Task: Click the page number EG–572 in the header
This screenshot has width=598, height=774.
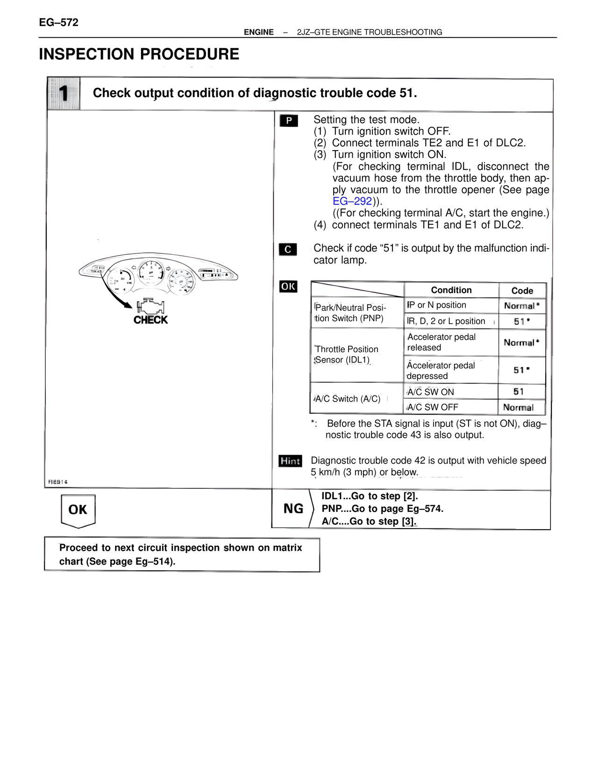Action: pos(59,22)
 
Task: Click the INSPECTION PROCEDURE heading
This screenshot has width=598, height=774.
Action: pos(139,54)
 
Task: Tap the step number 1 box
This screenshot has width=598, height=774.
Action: pos(64,93)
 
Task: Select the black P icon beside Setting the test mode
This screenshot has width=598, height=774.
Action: pos(289,121)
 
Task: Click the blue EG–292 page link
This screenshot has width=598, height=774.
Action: pos(352,201)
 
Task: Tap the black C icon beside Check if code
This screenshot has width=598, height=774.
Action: pos(288,250)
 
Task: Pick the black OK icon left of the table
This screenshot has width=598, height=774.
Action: pos(288,287)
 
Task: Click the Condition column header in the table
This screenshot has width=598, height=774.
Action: pos(451,290)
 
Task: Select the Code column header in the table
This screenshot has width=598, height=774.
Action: pos(522,291)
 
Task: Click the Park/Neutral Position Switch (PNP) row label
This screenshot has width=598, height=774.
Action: pos(350,313)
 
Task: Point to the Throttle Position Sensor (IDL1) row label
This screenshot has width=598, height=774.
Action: pos(346,355)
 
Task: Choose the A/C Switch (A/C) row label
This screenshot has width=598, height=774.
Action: pos(348,399)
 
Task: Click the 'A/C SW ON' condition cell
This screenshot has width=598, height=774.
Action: pos(430,392)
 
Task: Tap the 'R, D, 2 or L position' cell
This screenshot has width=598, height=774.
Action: pos(446,321)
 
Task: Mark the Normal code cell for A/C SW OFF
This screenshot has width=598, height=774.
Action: pos(518,408)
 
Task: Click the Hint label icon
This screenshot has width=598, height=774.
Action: pos(290,461)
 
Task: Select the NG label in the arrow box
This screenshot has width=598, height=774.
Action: pos(293,509)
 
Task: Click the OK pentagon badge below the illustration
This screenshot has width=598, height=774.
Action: pos(78,510)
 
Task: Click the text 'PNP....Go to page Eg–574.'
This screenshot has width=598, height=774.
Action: pos(382,509)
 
